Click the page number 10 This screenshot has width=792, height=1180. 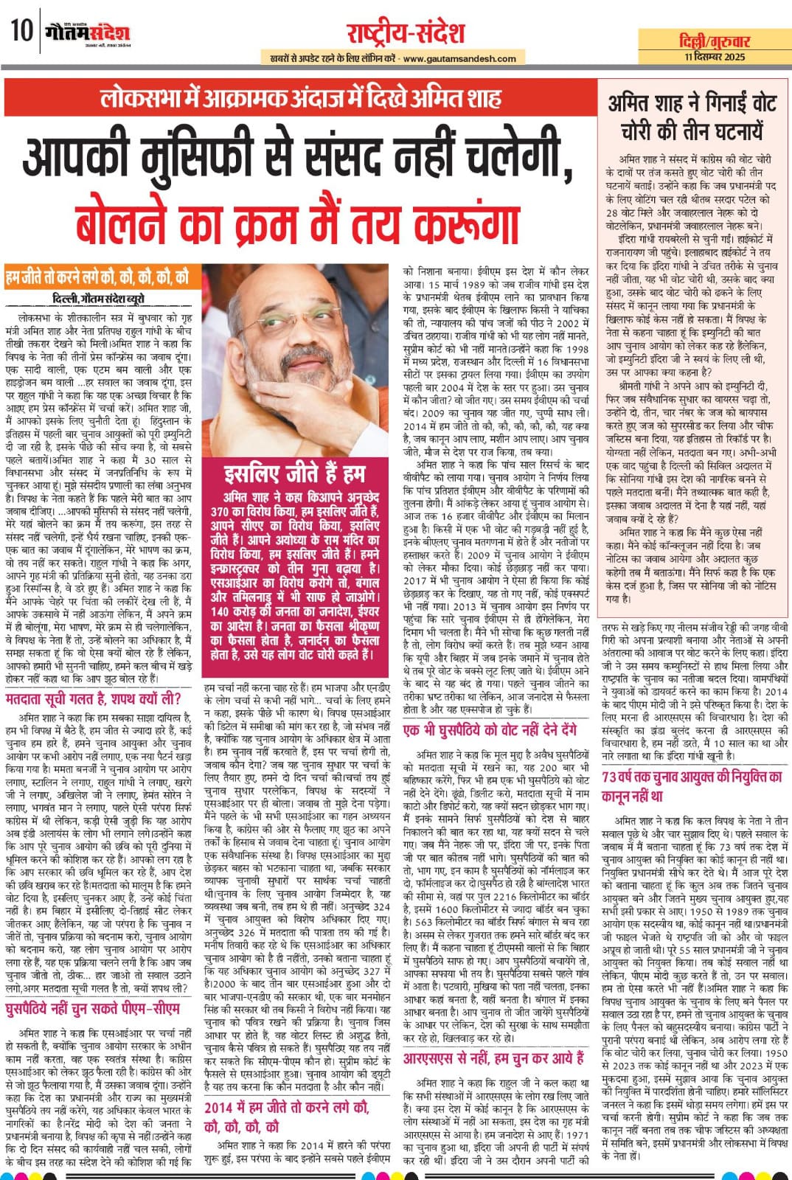pyautogui.click(x=20, y=32)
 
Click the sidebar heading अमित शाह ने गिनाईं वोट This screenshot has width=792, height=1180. pyautogui.click(x=692, y=116)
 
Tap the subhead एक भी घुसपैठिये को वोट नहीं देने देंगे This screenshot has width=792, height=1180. pyautogui.click(x=490, y=729)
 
